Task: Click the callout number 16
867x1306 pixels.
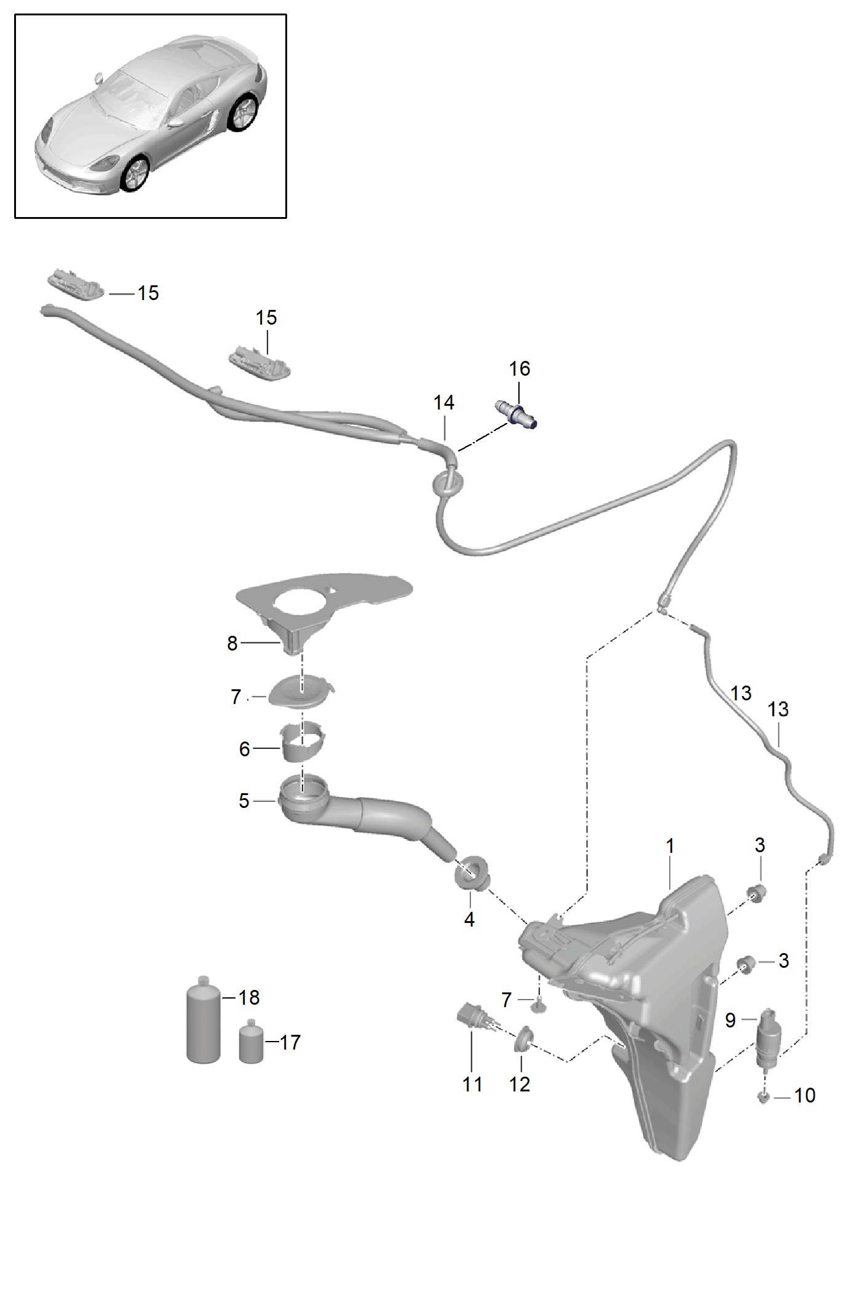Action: (519, 369)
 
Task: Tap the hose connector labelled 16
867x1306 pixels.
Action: (516, 414)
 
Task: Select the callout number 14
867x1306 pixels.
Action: (443, 403)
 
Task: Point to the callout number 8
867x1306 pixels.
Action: (232, 643)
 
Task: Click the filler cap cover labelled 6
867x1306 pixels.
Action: (302, 741)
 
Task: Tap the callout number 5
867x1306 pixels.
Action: (244, 801)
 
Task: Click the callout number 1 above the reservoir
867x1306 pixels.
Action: (670, 846)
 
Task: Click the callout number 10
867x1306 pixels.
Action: (804, 1095)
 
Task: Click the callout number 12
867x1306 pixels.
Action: (519, 1084)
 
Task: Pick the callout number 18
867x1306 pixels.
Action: (248, 997)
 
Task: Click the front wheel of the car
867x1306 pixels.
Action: (136, 173)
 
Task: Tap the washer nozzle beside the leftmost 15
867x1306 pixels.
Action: (76, 284)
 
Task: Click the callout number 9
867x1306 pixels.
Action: (730, 1021)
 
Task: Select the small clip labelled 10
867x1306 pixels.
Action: (764, 1096)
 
